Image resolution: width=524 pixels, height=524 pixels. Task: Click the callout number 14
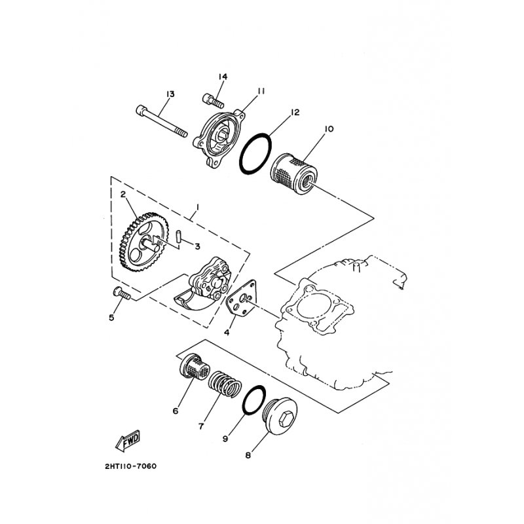[x=223, y=77]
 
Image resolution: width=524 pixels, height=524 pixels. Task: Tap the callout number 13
[x=170, y=94]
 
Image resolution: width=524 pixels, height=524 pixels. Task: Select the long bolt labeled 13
[x=162, y=121]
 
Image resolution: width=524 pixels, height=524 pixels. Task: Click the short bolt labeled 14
[x=213, y=101]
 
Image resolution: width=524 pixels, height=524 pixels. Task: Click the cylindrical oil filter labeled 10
[x=293, y=173]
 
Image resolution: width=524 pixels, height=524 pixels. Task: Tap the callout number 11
[x=261, y=91]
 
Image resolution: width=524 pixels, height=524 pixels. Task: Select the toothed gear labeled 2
[x=143, y=241]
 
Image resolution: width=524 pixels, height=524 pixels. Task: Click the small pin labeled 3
[x=178, y=236]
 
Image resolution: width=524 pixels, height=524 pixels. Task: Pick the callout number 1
[x=198, y=208]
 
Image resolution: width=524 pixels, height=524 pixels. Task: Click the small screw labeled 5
[x=121, y=293]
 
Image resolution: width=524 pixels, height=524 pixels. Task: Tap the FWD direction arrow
[x=128, y=440]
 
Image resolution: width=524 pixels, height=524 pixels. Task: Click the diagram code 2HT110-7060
[x=130, y=466]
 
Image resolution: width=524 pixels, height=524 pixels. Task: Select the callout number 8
[x=248, y=455]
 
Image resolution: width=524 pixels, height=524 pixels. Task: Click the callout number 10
[x=329, y=129]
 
